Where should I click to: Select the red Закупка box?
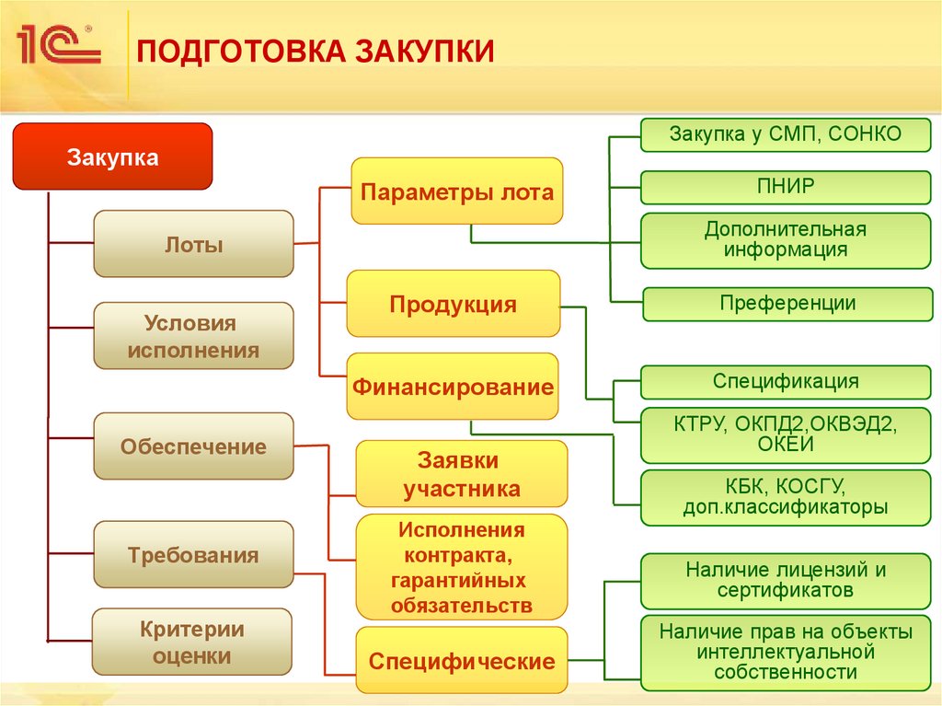click(112, 157)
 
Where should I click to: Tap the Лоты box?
click(193, 244)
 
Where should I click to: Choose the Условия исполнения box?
click(193, 336)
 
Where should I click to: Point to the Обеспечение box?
click(193, 446)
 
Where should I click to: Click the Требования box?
click(193, 555)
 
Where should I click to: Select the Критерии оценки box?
click(192, 642)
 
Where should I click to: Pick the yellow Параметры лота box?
click(456, 191)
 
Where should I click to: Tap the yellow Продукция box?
click(453, 304)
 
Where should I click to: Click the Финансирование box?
click(453, 386)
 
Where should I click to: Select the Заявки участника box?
click(461, 473)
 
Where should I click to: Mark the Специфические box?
click(462, 660)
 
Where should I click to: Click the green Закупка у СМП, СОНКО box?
click(785, 135)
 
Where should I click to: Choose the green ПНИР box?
click(785, 187)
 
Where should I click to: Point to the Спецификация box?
click(785, 381)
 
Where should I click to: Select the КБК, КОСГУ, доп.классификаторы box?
click(785, 497)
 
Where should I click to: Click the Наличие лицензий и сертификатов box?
click(785, 580)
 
